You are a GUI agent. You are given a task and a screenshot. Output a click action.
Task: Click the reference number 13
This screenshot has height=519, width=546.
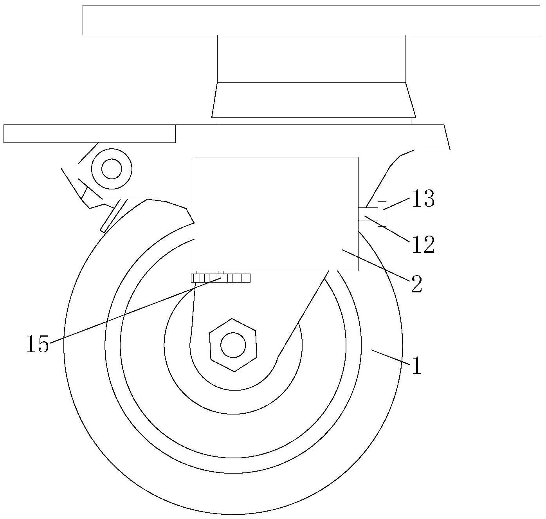click(423, 198)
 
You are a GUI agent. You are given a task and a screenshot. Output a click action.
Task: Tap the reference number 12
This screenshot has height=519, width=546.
click(423, 245)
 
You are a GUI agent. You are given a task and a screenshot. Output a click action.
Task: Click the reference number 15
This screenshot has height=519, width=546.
click(38, 344)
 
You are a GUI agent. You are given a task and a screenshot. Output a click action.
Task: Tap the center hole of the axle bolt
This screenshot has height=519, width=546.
click(233, 345)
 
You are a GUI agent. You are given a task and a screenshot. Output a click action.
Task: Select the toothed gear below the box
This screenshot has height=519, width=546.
click(220, 278)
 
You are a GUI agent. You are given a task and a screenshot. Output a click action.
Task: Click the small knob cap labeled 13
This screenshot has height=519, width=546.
click(382, 213)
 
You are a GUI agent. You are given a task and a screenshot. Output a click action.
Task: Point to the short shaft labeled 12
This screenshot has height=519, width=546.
click(368, 214)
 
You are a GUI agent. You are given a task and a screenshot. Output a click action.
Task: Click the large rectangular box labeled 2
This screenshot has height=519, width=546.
click(276, 214)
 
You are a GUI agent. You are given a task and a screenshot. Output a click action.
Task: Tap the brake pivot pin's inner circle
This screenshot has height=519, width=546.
click(112, 169)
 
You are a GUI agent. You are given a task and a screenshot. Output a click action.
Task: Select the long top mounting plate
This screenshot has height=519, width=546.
click(311, 20)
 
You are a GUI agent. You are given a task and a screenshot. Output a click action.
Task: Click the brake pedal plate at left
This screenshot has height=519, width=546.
click(89, 133)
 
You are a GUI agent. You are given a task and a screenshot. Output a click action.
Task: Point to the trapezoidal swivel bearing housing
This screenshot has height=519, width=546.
click(314, 100)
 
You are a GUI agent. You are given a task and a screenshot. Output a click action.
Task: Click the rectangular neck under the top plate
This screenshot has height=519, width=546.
click(311, 59)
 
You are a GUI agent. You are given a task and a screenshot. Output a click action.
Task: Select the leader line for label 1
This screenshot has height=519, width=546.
click(391, 357)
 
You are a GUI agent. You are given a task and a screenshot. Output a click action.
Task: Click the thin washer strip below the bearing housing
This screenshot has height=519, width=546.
click(315, 121)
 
